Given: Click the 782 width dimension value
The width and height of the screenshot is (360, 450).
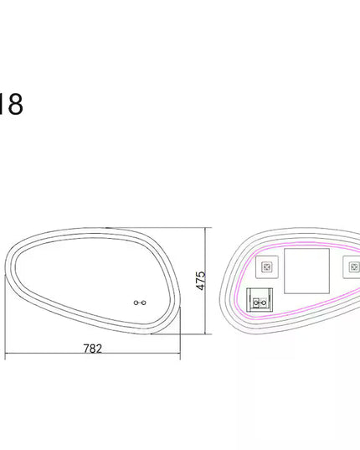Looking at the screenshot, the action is (93, 349).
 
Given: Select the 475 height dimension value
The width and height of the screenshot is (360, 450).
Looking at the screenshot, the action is (201, 281).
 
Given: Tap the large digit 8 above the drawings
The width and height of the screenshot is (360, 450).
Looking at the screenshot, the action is (15, 104).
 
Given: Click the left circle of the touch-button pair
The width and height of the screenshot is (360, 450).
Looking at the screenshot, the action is (136, 303).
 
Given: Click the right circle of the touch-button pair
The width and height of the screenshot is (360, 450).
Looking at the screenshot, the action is (144, 303).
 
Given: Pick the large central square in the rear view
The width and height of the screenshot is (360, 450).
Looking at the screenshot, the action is (306, 271).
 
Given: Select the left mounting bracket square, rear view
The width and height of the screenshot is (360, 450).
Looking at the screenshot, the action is (267, 267).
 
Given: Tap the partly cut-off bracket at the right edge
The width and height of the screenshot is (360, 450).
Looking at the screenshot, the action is (352, 267).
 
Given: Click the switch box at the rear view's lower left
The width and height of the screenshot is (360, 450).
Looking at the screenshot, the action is (260, 300).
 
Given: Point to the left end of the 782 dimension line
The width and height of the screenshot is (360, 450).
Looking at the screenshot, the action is (5, 353).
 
